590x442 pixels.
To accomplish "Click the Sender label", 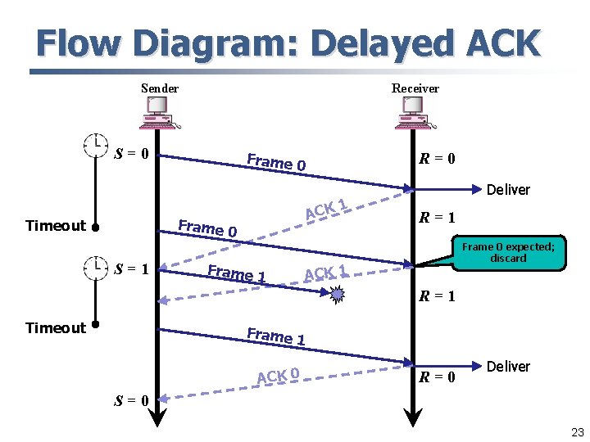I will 159,88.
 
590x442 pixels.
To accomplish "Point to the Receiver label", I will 415,88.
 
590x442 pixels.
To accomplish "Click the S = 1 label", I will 131,267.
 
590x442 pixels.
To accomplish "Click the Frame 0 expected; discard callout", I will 507,252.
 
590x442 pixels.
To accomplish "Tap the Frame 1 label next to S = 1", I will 237,273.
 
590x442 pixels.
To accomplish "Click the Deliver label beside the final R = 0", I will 508,367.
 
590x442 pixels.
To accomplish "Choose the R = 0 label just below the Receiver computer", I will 438,158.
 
